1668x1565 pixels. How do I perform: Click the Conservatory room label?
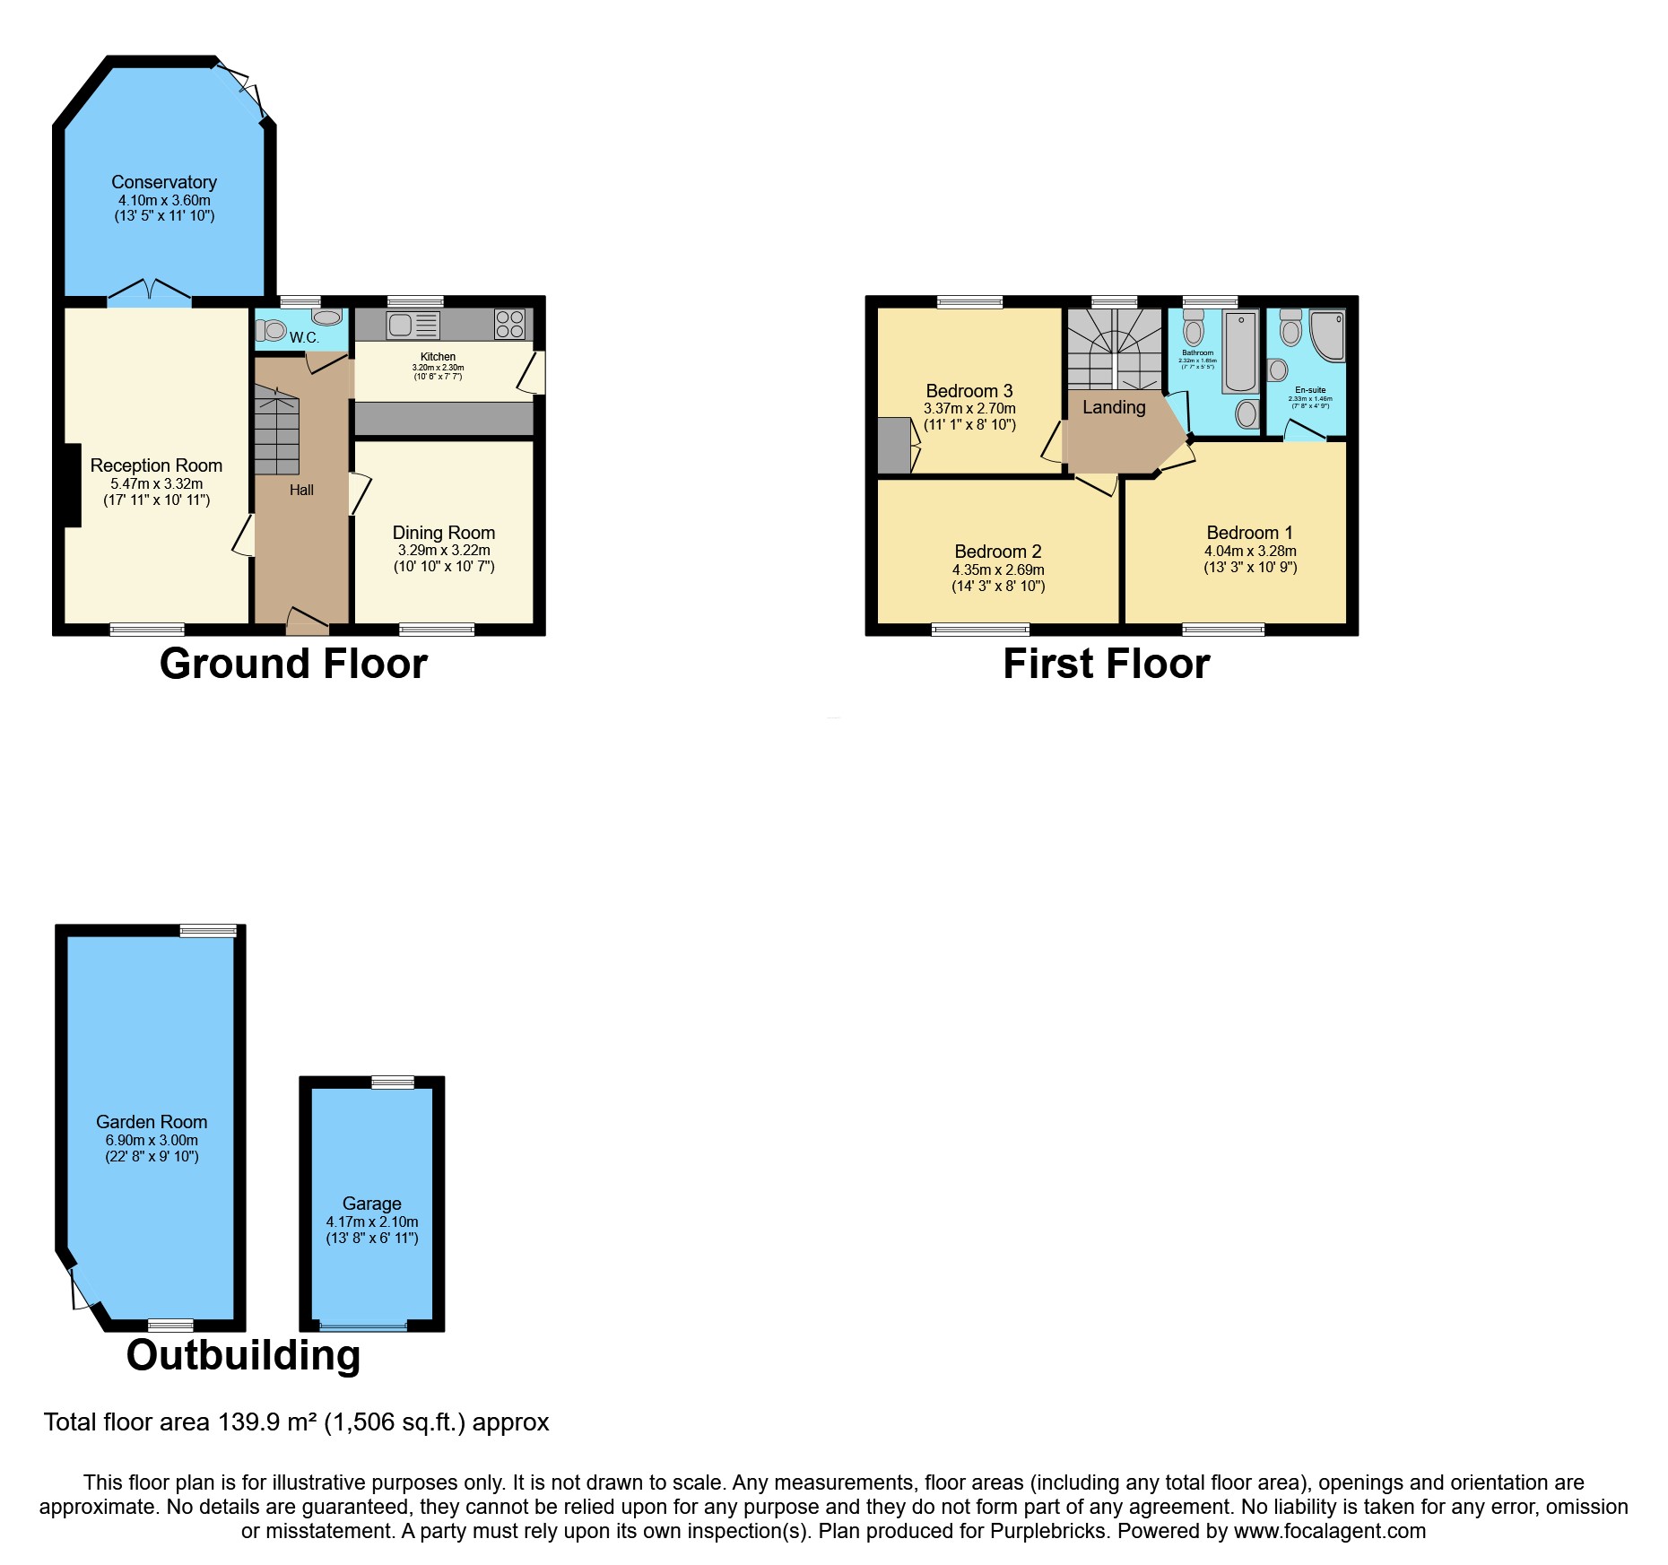[x=164, y=182]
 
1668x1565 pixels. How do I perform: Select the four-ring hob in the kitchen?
[x=510, y=324]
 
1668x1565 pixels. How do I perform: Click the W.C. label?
[x=304, y=338]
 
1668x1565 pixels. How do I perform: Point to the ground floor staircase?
[x=276, y=430]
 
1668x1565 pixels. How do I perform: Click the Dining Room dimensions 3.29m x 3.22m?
[x=444, y=550]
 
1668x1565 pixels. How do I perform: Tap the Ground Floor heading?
[x=293, y=665]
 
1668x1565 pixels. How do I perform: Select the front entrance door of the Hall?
[x=307, y=621]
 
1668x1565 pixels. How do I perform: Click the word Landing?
[x=1114, y=407]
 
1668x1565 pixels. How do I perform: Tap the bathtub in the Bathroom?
[x=1241, y=352]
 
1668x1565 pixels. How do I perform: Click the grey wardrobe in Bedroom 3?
[x=893, y=446]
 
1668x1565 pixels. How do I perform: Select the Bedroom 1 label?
[x=1249, y=533]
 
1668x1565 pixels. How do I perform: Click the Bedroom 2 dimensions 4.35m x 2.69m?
[x=998, y=569]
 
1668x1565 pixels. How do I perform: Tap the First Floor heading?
[x=1106, y=665]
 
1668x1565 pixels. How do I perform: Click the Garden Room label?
[x=152, y=1122]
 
